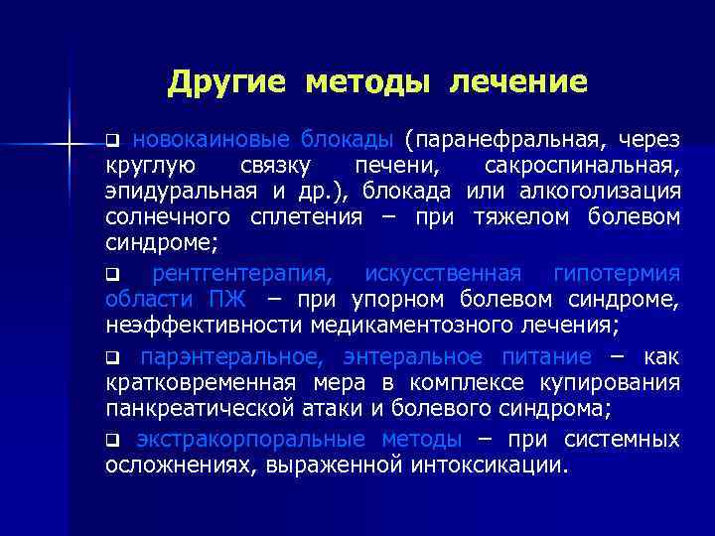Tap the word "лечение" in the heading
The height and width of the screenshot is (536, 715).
pos(518,82)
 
